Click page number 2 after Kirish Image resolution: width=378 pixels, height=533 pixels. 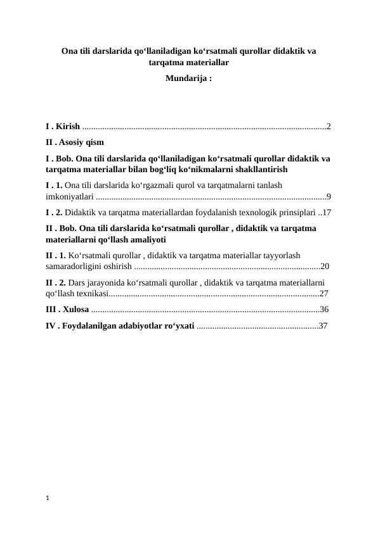coord(329,127)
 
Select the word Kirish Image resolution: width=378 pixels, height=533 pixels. coord(68,127)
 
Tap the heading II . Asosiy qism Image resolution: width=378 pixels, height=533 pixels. coord(75,142)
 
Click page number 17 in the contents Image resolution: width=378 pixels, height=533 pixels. coord(327,212)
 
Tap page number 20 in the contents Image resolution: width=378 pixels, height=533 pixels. coord(325,266)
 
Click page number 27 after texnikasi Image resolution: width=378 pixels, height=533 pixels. coord(324,294)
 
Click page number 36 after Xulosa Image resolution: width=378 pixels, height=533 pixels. coord(324,310)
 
